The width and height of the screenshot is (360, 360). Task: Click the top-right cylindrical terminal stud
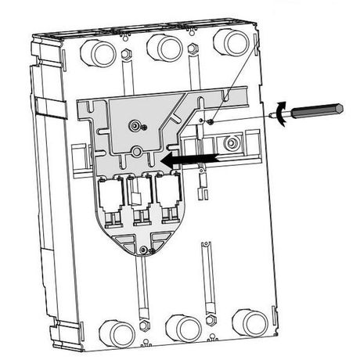coord(228,42)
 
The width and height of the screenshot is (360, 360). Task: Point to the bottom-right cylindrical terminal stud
coord(251,323)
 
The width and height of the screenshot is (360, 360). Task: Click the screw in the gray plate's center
coord(139,125)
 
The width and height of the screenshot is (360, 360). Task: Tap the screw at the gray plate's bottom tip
coord(143,250)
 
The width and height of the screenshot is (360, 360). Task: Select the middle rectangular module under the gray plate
coord(141,193)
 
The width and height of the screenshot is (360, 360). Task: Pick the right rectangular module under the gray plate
coord(166,192)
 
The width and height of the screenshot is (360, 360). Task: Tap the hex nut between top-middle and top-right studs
coord(193,49)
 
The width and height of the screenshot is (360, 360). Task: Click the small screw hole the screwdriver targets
coord(210,121)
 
